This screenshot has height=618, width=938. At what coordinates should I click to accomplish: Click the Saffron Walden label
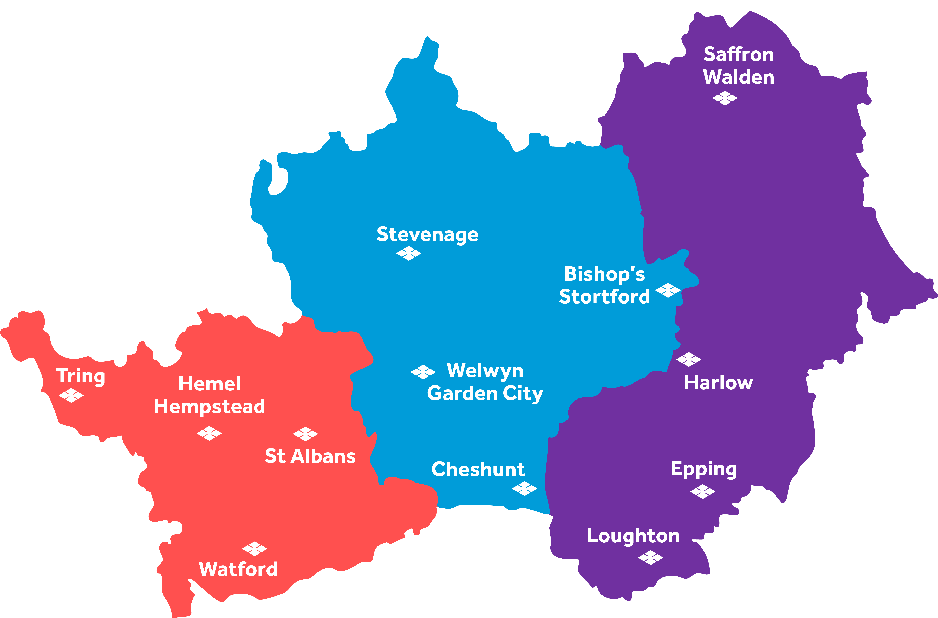[x=739, y=65]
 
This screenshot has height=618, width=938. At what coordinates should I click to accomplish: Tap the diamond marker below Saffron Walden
[x=725, y=98]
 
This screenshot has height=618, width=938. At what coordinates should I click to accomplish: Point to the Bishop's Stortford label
[x=605, y=285]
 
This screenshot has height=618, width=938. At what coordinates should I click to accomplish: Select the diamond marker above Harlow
[x=688, y=359]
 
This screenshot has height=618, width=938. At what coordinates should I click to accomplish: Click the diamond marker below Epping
[x=703, y=492]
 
